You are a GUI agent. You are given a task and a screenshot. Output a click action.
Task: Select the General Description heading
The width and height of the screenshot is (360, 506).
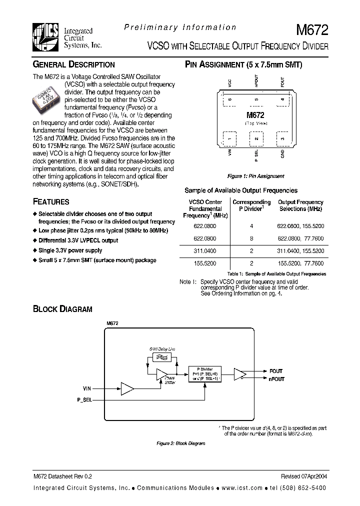pyautogui.click(x=73, y=64)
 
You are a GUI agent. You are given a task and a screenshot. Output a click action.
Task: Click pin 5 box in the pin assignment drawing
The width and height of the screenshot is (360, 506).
pyautogui.click(x=256, y=99)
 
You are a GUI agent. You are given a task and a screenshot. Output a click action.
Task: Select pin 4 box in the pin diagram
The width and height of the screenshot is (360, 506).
pyautogui.click(x=282, y=99)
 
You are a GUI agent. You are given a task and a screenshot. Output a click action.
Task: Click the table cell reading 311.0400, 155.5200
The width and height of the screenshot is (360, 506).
pyautogui.click(x=300, y=250)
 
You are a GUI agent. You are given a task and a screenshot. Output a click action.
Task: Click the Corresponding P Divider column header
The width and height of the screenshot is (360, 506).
pyautogui.click(x=251, y=205)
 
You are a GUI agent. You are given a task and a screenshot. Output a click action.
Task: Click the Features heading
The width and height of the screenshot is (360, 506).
pyautogui.click(x=51, y=202)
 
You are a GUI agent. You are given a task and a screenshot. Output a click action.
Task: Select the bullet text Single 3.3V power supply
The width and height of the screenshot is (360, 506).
pyautogui.click(x=70, y=250)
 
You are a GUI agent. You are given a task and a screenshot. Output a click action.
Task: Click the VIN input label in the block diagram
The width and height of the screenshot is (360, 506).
pyautogui.click(x=87, y=388)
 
